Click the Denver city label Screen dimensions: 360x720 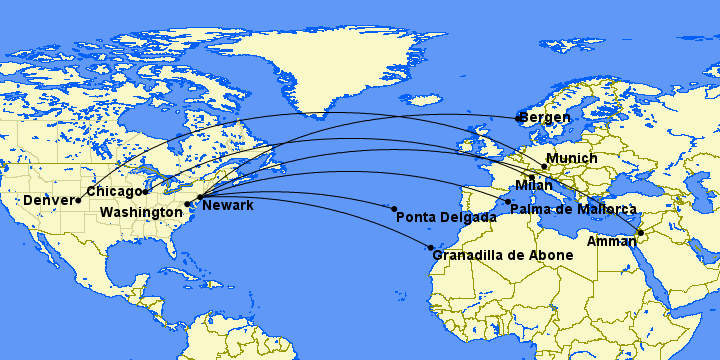click(48, 200)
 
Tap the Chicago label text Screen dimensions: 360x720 click(114, 191)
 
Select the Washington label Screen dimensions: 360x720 click(141, 213)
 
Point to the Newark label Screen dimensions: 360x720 click(228, 205)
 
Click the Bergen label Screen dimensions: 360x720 click(546, 117)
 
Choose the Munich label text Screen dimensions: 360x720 click(573, 158)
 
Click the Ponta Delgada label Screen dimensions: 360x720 click(446, 217)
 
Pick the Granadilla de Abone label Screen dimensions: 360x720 click(503, 255)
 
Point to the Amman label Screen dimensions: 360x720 click(611, 241)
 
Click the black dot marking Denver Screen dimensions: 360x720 click(78, 201)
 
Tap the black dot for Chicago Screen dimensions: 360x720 click(146, 191)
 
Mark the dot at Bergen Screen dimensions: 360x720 click(518, 119)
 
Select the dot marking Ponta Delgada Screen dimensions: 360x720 click(394, 209)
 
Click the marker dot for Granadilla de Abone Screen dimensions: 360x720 click(430, 247)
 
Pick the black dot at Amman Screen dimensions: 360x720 click(640, 233)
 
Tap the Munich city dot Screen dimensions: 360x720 click(544, 166)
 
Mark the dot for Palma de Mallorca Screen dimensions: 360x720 click(508, 202)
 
